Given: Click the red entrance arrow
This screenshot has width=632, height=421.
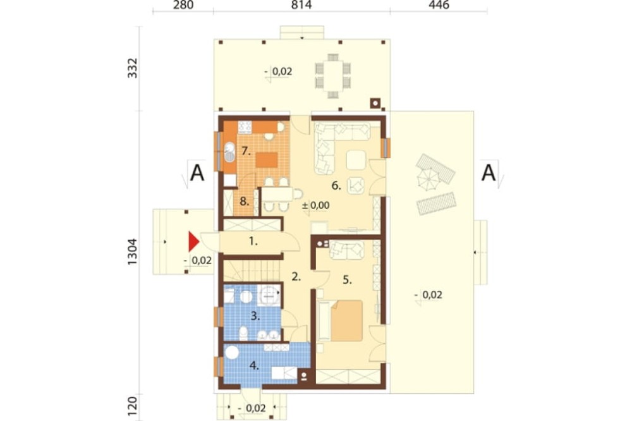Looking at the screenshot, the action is coord(193,242).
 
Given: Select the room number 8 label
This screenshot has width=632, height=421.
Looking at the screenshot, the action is coord(244,200).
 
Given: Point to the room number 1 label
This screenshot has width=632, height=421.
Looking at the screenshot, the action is coord(253,241).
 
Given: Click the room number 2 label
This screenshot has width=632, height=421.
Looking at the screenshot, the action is coord(296,277).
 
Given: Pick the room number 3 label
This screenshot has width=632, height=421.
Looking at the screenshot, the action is coord(255,316).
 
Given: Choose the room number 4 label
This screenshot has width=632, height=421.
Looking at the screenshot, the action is coord(254,365).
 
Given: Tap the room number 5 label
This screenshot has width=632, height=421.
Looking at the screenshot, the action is coord(348,280).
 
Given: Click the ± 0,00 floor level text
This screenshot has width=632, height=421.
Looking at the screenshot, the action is coord(315,205).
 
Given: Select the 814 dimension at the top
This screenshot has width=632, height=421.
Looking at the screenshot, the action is coord(301,5).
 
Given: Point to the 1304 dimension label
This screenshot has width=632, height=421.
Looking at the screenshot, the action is coord(133,252).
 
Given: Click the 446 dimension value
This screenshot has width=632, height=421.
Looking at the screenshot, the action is coord(439,5).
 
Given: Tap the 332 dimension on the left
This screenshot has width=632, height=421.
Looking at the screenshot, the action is coord(133,68).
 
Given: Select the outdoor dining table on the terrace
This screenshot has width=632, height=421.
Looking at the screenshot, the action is coord(333,76).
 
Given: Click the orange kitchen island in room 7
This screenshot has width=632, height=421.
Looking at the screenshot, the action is coord(267,160).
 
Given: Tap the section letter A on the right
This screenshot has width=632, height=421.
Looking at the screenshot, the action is coord(489,173).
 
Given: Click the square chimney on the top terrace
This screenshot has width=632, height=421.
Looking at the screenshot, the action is coord(375,104).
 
